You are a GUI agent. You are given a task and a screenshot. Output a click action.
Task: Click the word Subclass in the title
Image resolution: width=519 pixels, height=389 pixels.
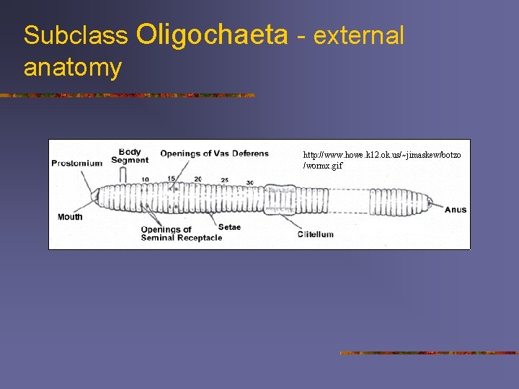coord(75,35)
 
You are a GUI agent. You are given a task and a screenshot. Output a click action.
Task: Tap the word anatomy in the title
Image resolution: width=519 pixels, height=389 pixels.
coord(72,68)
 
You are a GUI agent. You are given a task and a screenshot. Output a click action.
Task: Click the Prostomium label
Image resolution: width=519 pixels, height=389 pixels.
coord(77,164)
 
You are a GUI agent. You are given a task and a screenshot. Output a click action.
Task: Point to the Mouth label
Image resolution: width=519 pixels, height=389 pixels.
coord(70,217)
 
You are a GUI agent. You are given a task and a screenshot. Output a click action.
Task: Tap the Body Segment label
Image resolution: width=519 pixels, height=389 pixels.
coord(130,156)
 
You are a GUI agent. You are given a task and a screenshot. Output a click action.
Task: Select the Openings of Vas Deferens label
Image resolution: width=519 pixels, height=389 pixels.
coord(214,153)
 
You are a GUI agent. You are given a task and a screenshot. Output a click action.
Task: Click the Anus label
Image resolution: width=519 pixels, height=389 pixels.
coord(456,210)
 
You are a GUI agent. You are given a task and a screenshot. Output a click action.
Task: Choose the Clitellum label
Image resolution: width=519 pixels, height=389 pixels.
coord(316,234)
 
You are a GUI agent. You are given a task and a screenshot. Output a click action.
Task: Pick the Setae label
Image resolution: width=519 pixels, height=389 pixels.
coord(229,228)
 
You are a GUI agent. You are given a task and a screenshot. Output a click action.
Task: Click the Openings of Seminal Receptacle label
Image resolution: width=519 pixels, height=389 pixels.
coord(181,233)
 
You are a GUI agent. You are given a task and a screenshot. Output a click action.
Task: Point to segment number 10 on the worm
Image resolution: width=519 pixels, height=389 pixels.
coord(146,179)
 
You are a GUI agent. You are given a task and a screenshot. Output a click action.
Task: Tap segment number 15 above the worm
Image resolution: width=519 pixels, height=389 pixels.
coord(172,179)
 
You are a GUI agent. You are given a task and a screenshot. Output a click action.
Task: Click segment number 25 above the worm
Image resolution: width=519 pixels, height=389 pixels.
coord(225,180)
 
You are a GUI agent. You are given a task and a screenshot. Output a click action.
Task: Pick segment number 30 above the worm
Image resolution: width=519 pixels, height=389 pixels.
coord(249,182)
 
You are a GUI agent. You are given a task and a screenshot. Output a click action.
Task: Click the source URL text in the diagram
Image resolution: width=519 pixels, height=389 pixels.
coord(382,160)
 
